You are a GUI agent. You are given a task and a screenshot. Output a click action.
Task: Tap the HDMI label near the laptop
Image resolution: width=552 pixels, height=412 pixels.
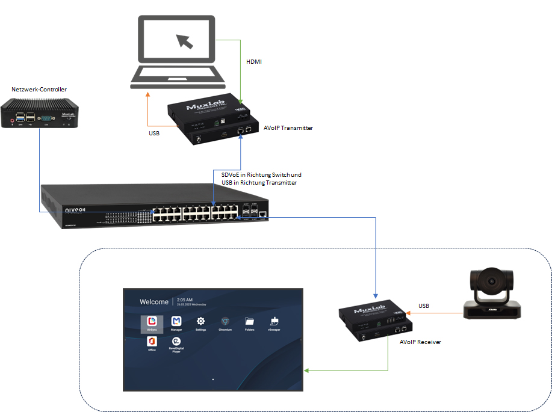click(x=255, y=62)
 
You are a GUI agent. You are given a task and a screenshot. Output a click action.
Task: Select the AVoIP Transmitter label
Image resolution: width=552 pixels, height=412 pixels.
click(x=288, y=128)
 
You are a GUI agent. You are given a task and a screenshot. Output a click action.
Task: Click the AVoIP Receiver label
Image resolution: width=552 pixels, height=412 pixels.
click(x=420, y=342)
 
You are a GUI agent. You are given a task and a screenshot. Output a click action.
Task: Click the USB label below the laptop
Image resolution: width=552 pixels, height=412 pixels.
click(x=154, y=132)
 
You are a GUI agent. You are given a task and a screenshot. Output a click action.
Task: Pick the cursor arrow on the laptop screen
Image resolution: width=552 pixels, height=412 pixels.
click(x=185, y=40)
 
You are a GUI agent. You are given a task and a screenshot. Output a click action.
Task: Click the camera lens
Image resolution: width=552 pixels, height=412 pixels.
click(x=492, y=281)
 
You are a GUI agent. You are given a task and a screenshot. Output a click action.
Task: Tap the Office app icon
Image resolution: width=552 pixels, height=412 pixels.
click(x=152, y=341)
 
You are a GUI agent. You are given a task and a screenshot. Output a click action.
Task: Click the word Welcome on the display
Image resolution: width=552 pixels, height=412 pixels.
click(x=154, y=302)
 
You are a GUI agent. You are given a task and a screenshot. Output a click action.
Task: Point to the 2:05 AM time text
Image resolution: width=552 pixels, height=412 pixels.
click(x=184, y=299)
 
